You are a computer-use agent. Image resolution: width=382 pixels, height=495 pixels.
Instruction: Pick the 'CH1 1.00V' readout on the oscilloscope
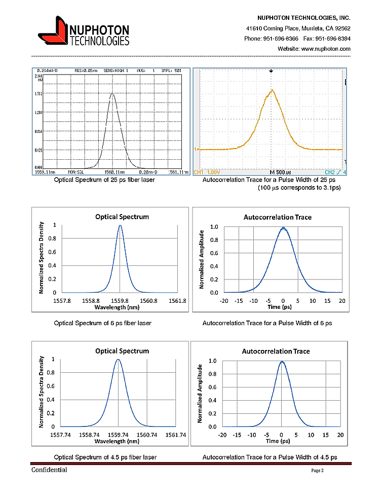pyautogui.click(x=207, y=172)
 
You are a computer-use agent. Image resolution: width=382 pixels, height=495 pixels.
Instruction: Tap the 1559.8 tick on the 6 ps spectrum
pyautogui.click(x=120, y=300)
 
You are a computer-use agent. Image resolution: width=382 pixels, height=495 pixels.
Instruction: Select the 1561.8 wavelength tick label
pyautogui.click(x=177, y=300)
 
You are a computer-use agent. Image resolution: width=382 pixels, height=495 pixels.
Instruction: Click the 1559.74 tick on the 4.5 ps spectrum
pyautogui.click(x=118, y=435)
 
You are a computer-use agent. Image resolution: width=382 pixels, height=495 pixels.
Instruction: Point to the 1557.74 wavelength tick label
pyautogui.click(x=61, y=435)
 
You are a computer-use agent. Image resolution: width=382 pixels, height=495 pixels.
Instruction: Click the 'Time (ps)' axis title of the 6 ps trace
pyautogui.click(x=283, y=307)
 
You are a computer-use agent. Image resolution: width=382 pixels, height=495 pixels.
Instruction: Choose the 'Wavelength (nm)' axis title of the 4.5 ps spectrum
pyautogui.click(x=118, y=442)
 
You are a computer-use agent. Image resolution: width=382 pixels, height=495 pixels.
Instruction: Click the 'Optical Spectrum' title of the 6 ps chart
pyautogui.click(x=122, y=217)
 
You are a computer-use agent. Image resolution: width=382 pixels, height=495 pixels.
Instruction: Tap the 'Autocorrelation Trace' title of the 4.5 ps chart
pyautogui.click(x=276, y=351)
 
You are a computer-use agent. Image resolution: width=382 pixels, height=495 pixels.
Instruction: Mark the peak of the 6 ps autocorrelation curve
pyautogui.click(x=283, y=228)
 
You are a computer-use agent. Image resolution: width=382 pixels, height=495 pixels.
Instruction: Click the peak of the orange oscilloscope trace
pyautogui.click(x=272, y=90)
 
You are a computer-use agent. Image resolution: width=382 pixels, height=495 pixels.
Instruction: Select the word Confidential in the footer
pyautogui.click(x=50, y=470)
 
